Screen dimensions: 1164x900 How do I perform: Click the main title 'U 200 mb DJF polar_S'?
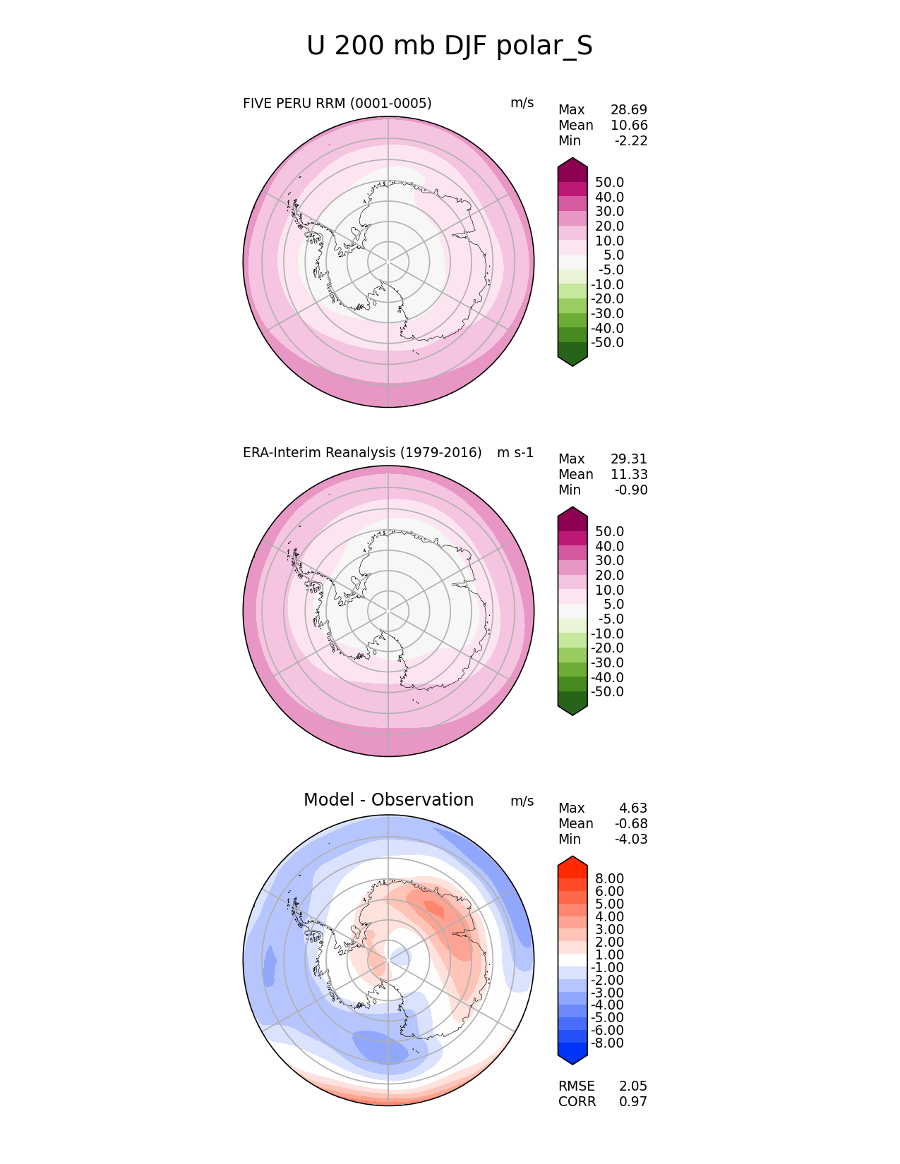(x=450, y=47)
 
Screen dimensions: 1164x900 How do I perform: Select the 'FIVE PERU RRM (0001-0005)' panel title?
(x=337, y=104)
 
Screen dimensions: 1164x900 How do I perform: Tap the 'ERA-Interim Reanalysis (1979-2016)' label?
(x=362, y=453)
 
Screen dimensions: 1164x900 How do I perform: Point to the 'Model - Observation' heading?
(x=388, y=800)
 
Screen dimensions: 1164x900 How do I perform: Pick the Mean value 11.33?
(x=629, y=475)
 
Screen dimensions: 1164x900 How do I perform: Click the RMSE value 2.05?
(x=633, y=1086)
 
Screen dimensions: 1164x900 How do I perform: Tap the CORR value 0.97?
(x=633, y=1102)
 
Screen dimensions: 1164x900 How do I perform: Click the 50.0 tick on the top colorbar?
(x=609, y=183)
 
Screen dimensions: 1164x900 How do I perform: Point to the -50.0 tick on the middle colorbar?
(x=607, y=692)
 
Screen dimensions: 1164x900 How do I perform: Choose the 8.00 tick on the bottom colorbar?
(x=609, y=879)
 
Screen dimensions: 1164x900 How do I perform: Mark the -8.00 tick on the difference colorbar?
(x=607, y=1043)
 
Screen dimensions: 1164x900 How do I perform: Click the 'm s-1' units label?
(x=515, y=453)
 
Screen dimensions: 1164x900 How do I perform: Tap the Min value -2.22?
(x=631, y=141)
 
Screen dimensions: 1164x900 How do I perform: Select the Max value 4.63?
(x=633, y=808)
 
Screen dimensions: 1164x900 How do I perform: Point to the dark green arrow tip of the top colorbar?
(x=572, y=358)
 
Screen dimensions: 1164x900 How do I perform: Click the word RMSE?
(x=576, y=1086)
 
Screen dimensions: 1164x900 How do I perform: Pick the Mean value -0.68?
(x=631, y=824)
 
